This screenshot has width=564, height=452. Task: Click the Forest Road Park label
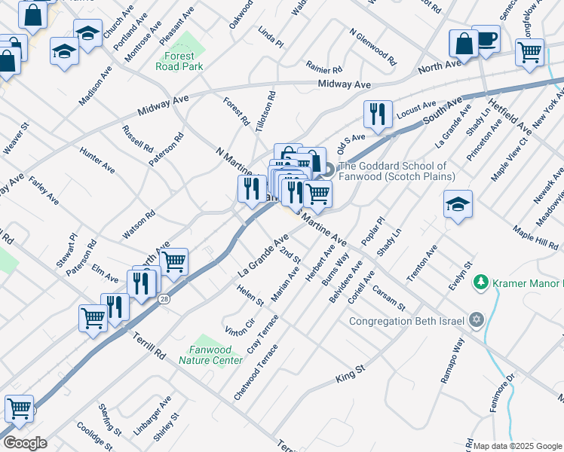[x=179, y=61]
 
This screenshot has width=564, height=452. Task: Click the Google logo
[x=25, y=443]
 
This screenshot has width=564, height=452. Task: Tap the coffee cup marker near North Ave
[x=486, y=39]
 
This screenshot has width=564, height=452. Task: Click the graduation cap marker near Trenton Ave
[x=458, y=204]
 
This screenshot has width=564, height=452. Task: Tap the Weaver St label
[x=15, y=138]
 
